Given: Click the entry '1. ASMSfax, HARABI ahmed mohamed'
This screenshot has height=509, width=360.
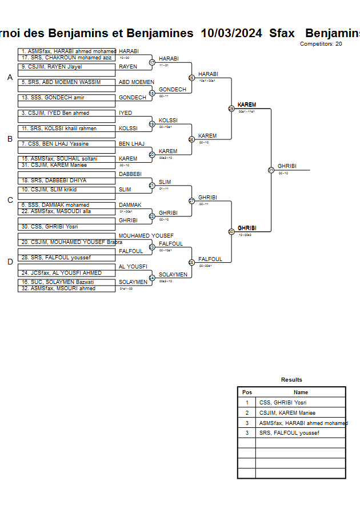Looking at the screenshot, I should click(67, 51).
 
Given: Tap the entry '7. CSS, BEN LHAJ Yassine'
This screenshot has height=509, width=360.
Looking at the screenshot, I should click(55, 144).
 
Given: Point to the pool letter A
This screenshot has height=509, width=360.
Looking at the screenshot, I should click(10, 77).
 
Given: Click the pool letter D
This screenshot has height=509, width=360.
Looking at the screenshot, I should click(10, 262).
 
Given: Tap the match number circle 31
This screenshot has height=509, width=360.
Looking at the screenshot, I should click(271, 170).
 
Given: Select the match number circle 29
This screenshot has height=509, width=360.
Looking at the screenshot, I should click(231, 109).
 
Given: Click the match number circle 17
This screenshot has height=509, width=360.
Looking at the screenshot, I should click(152, 62).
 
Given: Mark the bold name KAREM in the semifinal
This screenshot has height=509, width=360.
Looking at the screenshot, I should click(247, 105).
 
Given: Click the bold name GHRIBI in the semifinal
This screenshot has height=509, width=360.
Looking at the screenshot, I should click(247, 228).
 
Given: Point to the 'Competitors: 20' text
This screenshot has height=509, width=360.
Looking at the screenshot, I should click(321, 44).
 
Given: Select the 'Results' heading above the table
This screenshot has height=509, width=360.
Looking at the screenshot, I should click(291, 380).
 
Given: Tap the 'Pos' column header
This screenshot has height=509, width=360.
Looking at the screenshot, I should click(247, 392).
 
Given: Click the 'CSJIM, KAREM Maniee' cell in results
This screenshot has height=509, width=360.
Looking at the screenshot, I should click(287, 412).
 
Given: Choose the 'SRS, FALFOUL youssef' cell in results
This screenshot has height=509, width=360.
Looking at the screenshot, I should click(289, 433).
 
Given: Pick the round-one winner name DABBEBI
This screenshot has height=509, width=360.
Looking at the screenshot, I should click(130, 174).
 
